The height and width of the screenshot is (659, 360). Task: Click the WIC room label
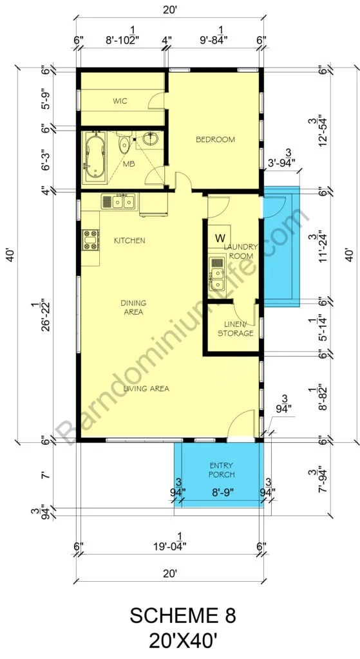point(120,101)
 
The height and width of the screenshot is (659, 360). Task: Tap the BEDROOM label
point(215,140)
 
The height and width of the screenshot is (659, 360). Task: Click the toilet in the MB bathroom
point(124,144)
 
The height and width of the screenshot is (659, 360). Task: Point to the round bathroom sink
point(149,138)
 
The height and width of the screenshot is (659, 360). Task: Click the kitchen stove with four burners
point(90,241)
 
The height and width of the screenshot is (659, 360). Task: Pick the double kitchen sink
point(118,201)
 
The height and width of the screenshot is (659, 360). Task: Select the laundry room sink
point(217,273)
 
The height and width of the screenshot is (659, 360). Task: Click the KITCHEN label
point(129,241)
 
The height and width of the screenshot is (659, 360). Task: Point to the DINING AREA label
point(133,307)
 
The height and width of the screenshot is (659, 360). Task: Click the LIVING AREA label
point(146,389)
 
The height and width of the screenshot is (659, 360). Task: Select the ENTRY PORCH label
point(222,470)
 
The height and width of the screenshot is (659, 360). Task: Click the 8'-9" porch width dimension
point(222,490)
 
